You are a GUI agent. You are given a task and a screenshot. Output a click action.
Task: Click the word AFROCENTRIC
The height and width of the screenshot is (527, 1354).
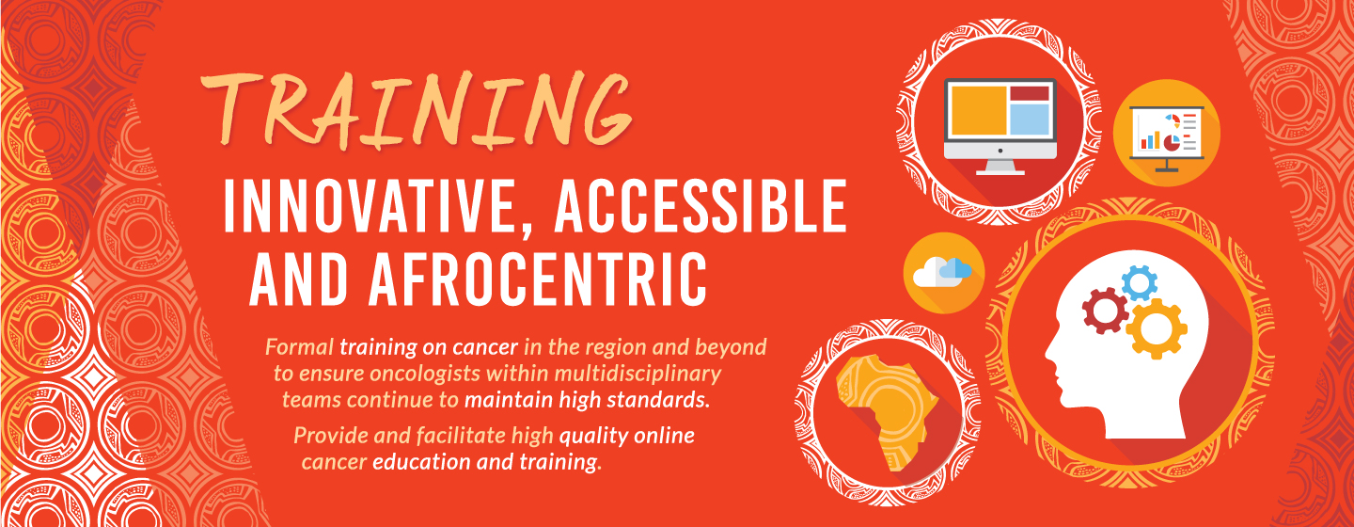[x=538, y=279]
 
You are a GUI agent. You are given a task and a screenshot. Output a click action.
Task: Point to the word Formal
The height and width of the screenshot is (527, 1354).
[x=299, y=346]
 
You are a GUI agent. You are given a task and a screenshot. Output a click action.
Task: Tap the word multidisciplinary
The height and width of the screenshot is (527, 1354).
[x=638, y=374]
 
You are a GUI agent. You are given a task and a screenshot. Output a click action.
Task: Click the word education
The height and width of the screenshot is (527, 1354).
[x=422, y=462]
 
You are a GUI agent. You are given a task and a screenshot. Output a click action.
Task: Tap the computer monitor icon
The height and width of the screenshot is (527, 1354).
[x=1000, y=126]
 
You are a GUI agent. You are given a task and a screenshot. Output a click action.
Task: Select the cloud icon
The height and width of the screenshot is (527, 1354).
[x=942, y=271]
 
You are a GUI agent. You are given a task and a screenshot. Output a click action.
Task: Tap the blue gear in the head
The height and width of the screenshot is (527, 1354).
[x=1140, y=282]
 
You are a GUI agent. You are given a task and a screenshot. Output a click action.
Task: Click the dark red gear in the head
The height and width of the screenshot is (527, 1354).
[x=1105, y=311]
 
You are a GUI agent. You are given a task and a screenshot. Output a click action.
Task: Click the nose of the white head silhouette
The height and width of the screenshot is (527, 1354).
[x=1050, y=353]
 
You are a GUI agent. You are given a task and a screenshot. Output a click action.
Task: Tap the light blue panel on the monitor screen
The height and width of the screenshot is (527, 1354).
[x=1029, y=119]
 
